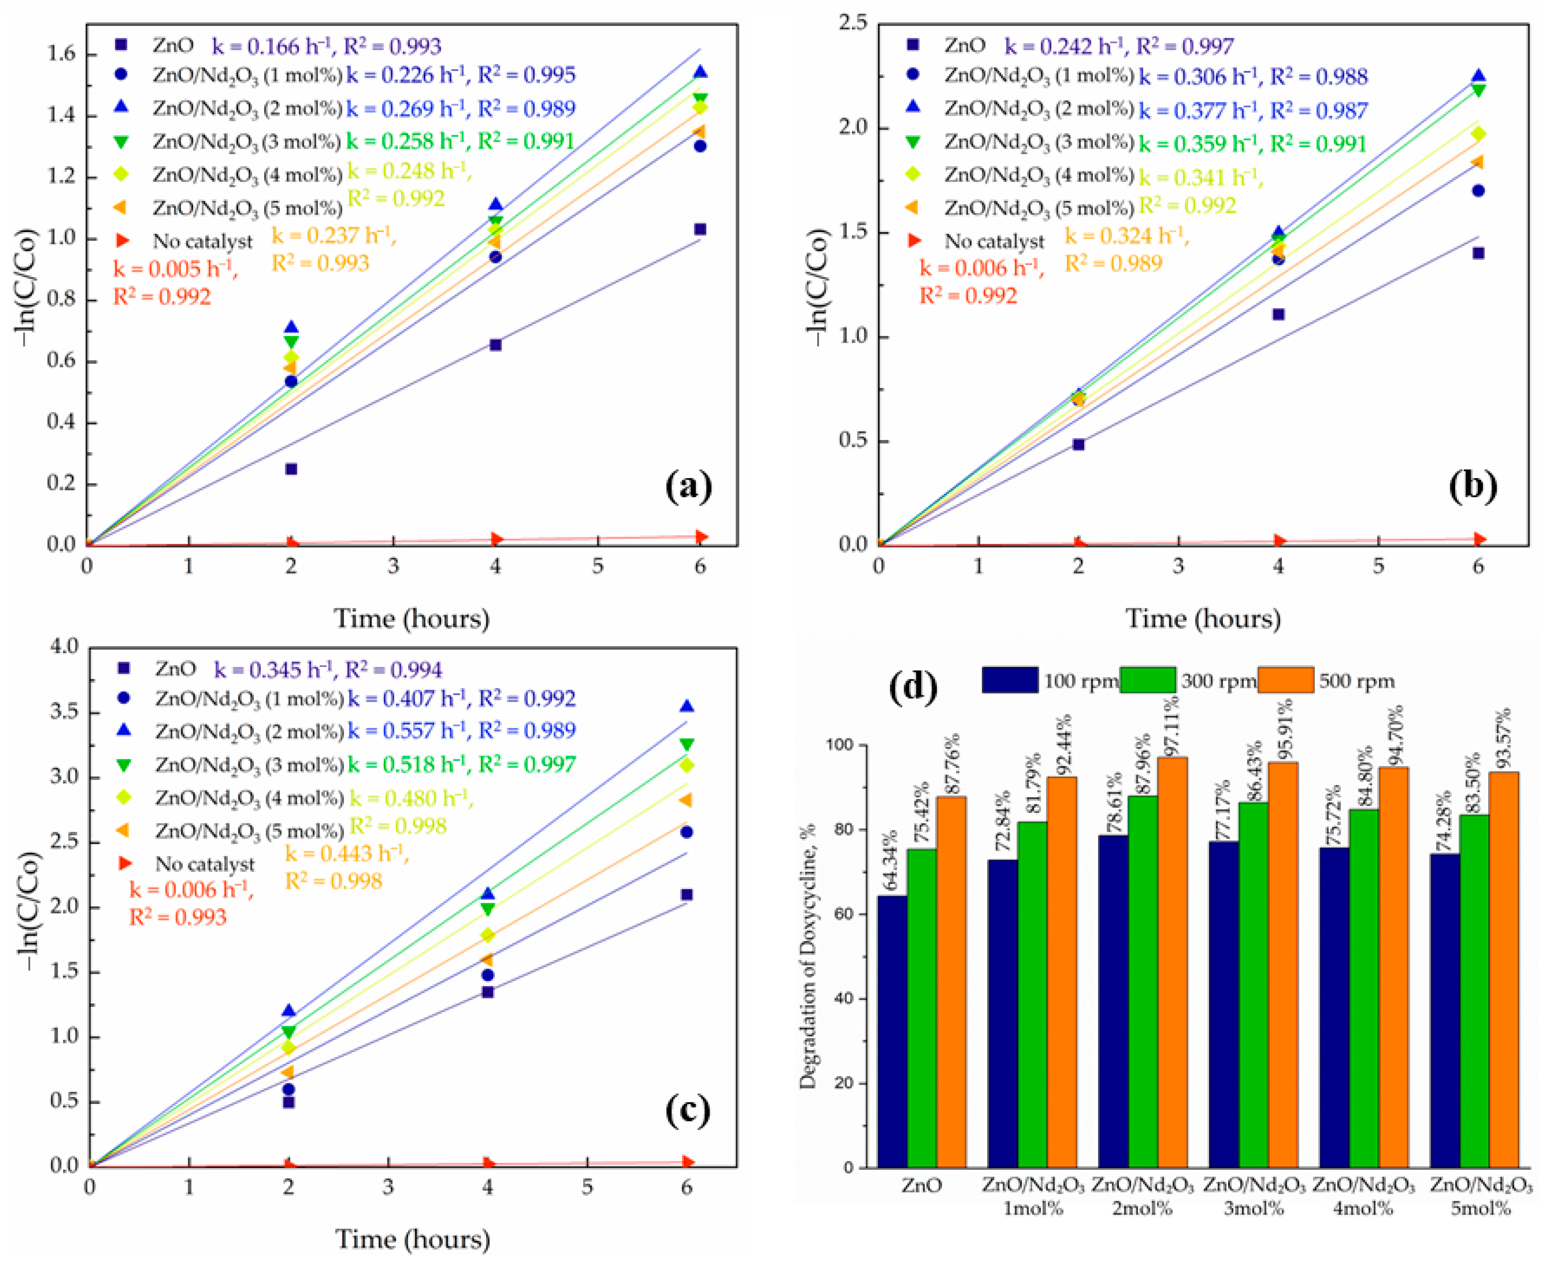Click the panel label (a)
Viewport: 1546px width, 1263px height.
(689, 486)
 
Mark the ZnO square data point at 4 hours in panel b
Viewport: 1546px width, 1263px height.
(1278, 314)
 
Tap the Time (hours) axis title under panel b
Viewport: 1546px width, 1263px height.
(1203, 618)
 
